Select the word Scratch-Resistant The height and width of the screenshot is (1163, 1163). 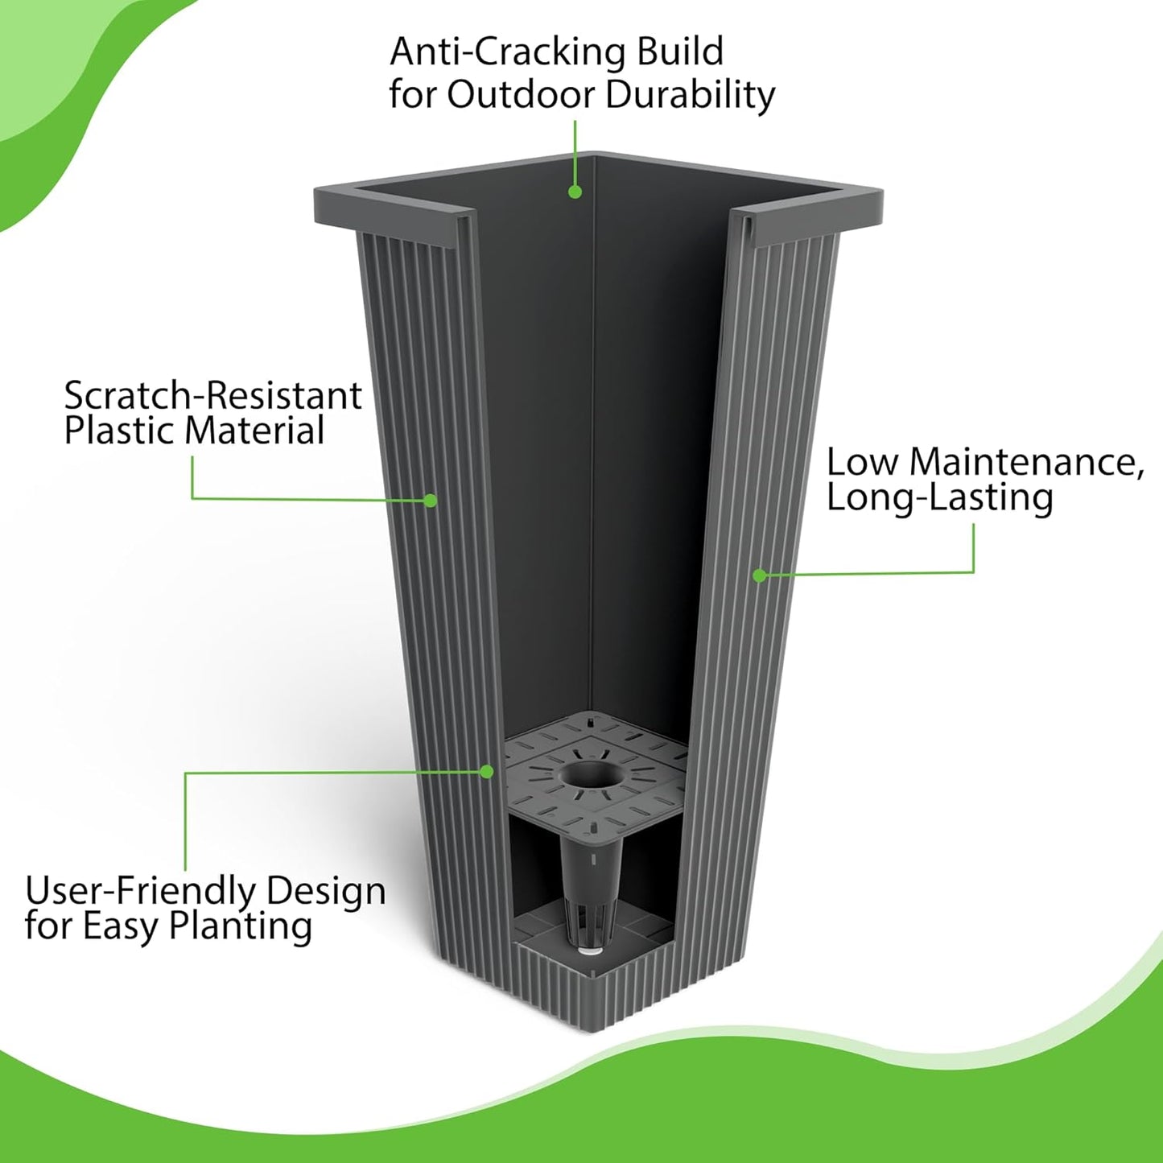(212, 396)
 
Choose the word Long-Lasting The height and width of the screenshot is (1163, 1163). (939, 498)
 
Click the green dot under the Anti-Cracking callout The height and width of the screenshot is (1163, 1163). (575, 192)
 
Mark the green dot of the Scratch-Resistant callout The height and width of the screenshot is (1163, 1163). (431, 501)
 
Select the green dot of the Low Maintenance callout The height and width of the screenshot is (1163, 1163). (759, 575)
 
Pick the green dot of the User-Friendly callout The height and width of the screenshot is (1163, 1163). (486, 771)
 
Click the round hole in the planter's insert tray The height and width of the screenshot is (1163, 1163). (592, 777)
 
